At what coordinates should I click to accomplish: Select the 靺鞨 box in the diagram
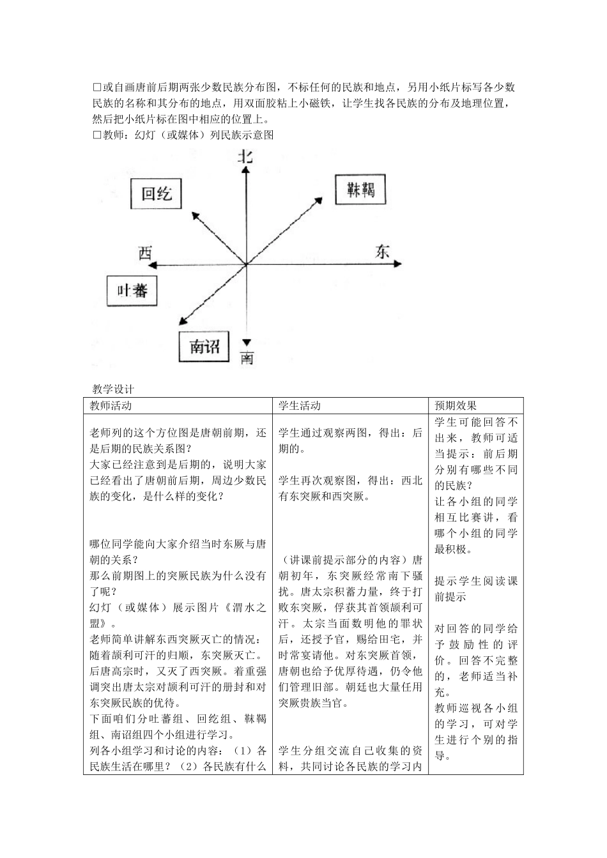tap(361, 189)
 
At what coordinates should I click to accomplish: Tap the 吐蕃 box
tap(132, 290)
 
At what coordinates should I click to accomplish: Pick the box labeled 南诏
tap(204, 347)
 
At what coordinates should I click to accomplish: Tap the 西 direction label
tap(145, 253)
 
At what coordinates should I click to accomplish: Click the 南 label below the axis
tap(247, 358)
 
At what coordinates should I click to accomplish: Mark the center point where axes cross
tap(246, 263)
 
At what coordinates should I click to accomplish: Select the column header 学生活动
tap(300, 405)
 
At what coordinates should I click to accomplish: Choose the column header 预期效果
tap(456, 405)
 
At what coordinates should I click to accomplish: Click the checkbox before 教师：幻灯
tap(97, 135)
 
